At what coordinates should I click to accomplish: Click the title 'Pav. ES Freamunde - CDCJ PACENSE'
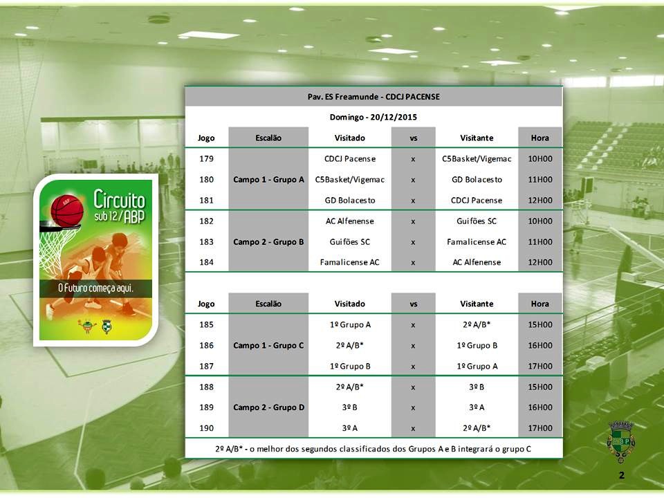click(x=373, y=97)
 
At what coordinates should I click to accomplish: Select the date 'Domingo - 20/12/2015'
click(x=373, y=117)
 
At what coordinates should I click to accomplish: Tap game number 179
click(x=206, y=159)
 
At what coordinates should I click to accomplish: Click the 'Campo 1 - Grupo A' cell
click(x=268, y=180)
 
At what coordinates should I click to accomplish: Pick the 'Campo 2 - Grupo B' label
click(x=268, y=242)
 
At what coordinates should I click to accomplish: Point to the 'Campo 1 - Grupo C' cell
click(x=268, y=346)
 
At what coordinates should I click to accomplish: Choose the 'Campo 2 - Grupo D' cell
click(x=268, y=407)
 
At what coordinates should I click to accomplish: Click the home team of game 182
click(x=350, y=221)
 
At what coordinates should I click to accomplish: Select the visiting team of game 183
click(x=477, y=242)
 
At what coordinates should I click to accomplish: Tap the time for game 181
click(x=540, y=201)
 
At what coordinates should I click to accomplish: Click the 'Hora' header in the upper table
click(x=540, y=138)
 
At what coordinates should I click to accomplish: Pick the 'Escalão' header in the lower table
click(x=268, y=304)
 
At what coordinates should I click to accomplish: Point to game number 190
click(x=206, y=428)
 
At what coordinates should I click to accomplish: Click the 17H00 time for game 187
click(x=540, y=367)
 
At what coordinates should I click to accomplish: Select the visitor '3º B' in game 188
click(x=477, y=387)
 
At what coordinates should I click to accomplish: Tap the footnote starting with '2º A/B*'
click(x=373, y=449)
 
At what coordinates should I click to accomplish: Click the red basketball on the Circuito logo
click(x=67, y=210)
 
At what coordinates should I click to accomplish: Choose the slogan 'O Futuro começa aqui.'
click(x=95, y=288)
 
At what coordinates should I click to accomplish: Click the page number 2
click(x=621, y=475)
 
